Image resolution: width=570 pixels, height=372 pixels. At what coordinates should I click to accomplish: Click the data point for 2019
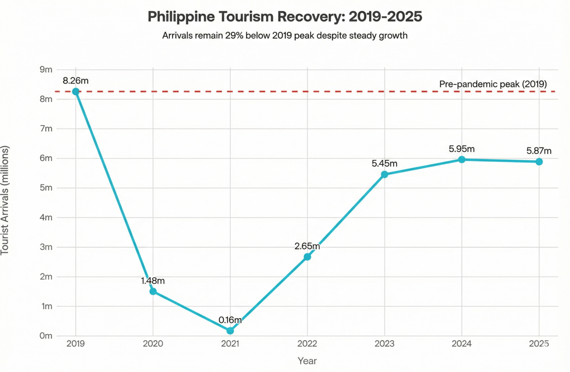pyautogui.click(x=76, y=91)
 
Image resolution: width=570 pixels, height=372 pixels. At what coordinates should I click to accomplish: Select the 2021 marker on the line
pyautogui.click(x=230, y=331)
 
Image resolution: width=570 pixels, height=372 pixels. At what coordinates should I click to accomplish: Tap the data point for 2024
pyautogui.click(x=461, y=159)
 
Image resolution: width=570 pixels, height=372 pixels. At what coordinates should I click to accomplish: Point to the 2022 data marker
pyautogui.click(x=307, y=257)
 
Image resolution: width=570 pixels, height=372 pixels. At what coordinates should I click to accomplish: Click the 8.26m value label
pyautogui.click(x=76, y=80)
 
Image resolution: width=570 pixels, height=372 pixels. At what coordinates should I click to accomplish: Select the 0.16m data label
pyautogui.click(x=230, y=320)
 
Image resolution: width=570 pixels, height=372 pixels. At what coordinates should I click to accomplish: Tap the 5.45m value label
pyautogui.click(x=385, y=164)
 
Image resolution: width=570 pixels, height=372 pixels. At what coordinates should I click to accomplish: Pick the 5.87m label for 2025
pyautogui.click(x=539, y=151)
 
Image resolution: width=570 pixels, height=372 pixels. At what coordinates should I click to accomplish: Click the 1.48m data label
pyautogui.click(x=153, y=281)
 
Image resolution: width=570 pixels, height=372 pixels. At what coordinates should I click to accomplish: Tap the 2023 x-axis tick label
pyautogui.click(x=385, y=344)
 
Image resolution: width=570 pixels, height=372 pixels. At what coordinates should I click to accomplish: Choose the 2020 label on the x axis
pyautogui.click(x=153, y=344)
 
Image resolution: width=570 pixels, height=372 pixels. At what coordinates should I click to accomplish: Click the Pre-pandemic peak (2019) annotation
pyautogui.click(x=493, y=84)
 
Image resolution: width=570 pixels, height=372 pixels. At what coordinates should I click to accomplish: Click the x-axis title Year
pyautogui.click(x=307, y=361)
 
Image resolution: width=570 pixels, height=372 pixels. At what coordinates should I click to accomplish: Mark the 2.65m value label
pyautogui.click(x=307, y=246)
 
